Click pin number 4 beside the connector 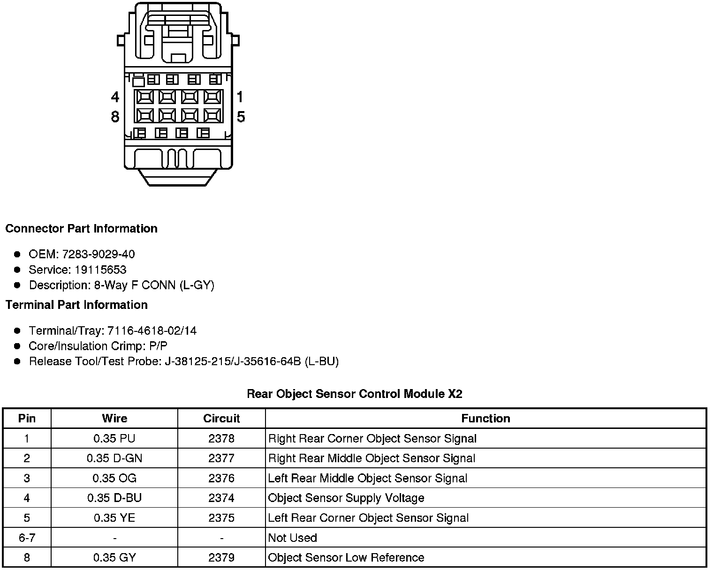click(x=115, y=97)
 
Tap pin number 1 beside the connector click(x=240, y=97)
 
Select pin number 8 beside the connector click(x=115, y=116)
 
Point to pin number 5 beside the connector click(x=241, y=116)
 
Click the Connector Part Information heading click(x=81, y=229)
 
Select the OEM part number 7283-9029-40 click(x=99, y=254)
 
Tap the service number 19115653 click(x=100, y=270)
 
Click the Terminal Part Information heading click(x=76, y=305)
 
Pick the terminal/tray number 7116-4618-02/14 click(x=152, y=330)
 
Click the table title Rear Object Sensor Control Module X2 click(x=355, y=394)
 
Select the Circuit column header click(x=221, y=418)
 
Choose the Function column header click(x=485, y=418)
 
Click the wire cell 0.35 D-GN click(x=114, y=458)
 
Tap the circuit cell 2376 click(x=221, y=478)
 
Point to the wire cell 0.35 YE click(x=114, y=518)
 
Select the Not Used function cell click(x=292, y=538)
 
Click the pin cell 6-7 click(x=27, y=538)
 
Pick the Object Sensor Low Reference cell click(x=346, y=557)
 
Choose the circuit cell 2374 click(x=221, y=498)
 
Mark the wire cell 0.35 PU click(x=114, y=438)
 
